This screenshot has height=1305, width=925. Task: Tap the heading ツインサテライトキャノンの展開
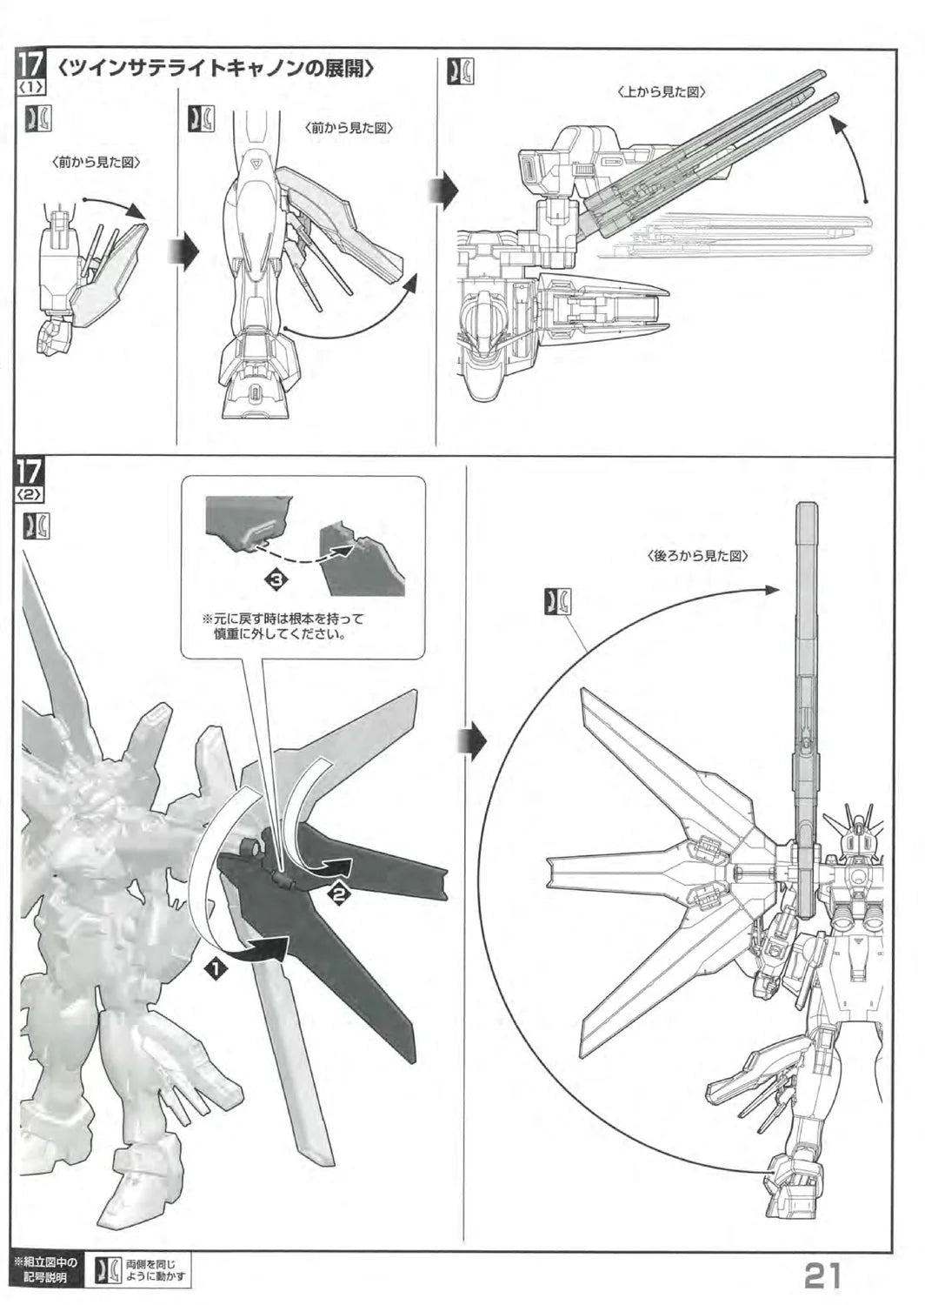[x=216, y=69]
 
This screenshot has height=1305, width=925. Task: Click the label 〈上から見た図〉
[x=662, y=92]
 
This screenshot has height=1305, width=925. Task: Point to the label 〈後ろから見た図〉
[x=697, y=556]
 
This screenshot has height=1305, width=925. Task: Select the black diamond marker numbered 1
[x=216, y=969]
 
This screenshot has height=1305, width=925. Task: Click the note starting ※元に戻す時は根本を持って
[x=283, y=626]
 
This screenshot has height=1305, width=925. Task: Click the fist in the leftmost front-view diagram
[x=54, y=339]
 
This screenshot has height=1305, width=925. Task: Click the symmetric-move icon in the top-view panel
[x=460, y=71]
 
